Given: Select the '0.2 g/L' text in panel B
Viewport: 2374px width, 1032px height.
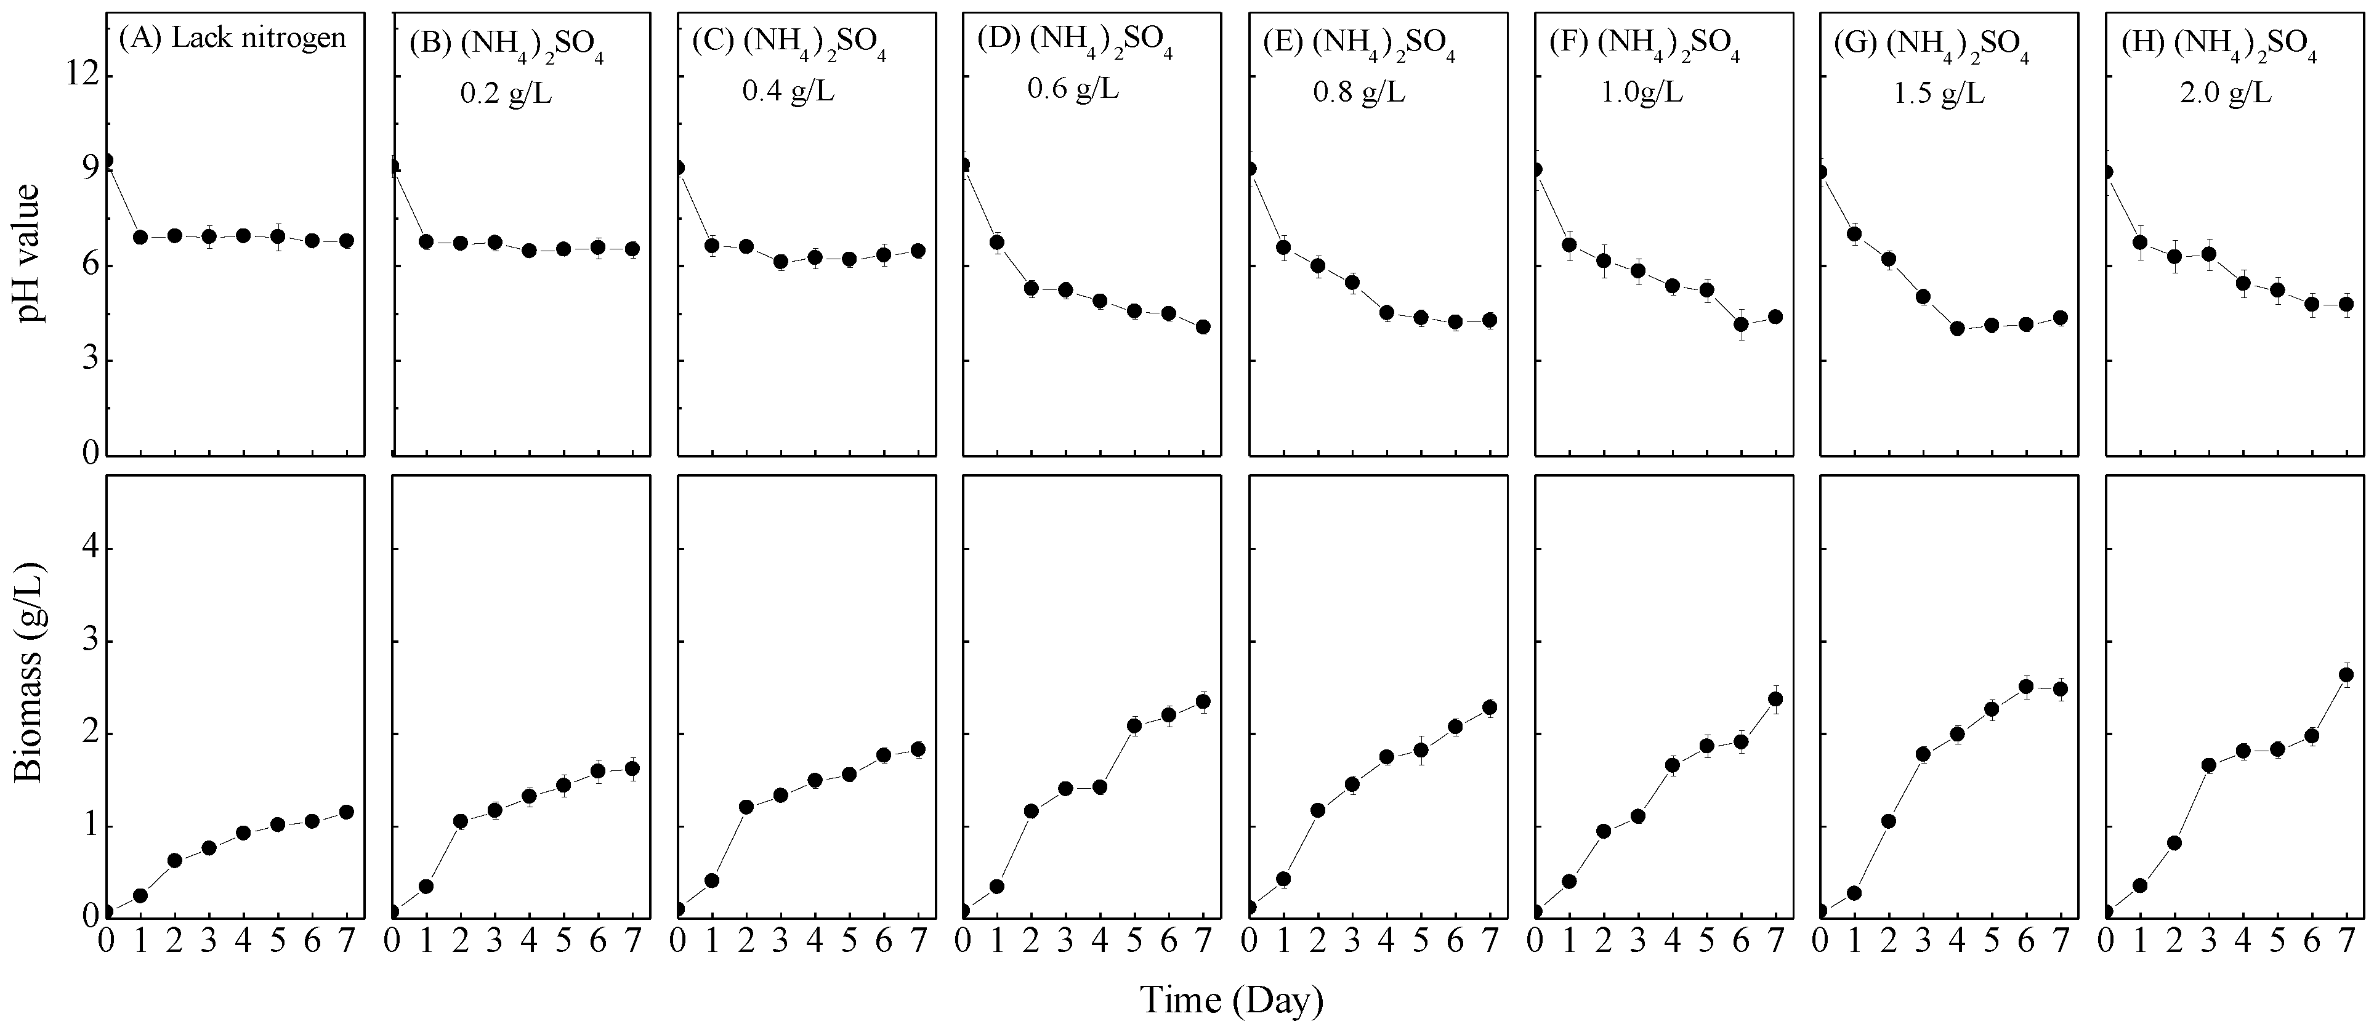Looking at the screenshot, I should coord(506,95).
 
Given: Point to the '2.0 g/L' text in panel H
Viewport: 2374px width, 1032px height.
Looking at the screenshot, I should coord(2226,95).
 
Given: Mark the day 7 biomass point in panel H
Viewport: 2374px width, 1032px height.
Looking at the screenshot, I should coord(2348,674).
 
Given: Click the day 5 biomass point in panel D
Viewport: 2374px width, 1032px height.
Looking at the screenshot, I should coord(1134,725).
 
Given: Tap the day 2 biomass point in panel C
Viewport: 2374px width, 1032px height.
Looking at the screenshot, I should coord(746,807).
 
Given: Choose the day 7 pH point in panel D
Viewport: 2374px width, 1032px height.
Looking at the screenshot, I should coord(1203,327).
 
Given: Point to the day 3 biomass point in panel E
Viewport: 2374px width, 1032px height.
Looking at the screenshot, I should coord(1352,785).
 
